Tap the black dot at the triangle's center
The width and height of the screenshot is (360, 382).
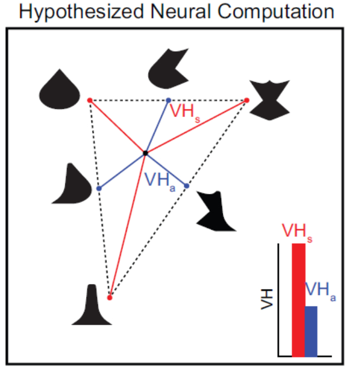click(x=145, y=153)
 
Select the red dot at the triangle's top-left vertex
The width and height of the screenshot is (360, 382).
click(x=90, y=100)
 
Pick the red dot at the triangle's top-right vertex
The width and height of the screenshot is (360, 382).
click(x=246, y=100)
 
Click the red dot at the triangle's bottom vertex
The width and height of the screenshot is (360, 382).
click(x=109, y=298)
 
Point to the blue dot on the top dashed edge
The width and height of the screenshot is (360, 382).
click(x=168, y=100)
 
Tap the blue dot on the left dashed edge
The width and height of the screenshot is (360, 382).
click(x=99, y=188)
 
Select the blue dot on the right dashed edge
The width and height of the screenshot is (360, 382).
click(x=186, y=186)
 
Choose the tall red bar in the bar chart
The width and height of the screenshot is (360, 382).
click(x=298, y=299)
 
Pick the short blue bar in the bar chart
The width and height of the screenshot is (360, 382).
click(x=310, y=331)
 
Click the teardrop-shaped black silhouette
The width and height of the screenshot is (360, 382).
click(x=60, y=90)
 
